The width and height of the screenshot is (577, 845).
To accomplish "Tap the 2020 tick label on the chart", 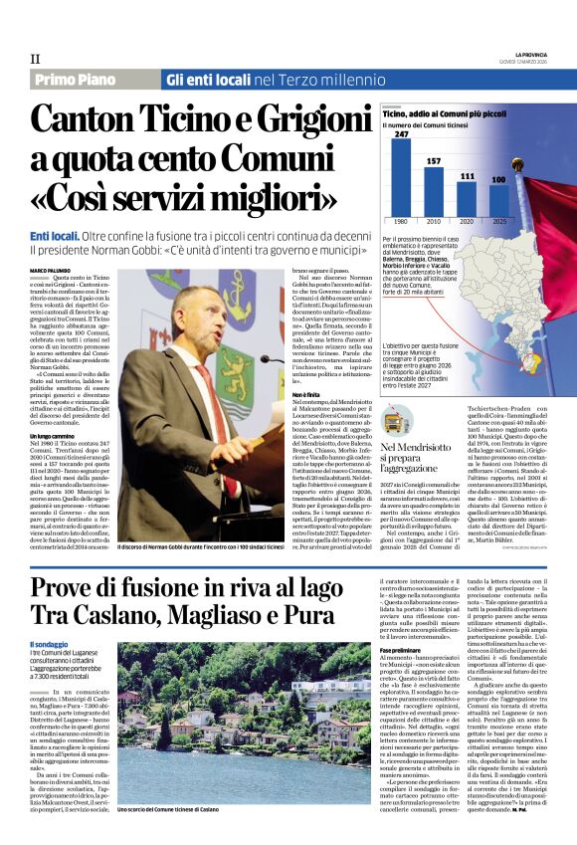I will (x=467, y=221).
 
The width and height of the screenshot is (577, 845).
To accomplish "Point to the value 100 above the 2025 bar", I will (x=498, y=179).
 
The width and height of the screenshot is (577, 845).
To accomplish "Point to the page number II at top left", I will (x=36, y=60).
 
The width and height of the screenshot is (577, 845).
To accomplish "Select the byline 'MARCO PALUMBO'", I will (x=52, y=271).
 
